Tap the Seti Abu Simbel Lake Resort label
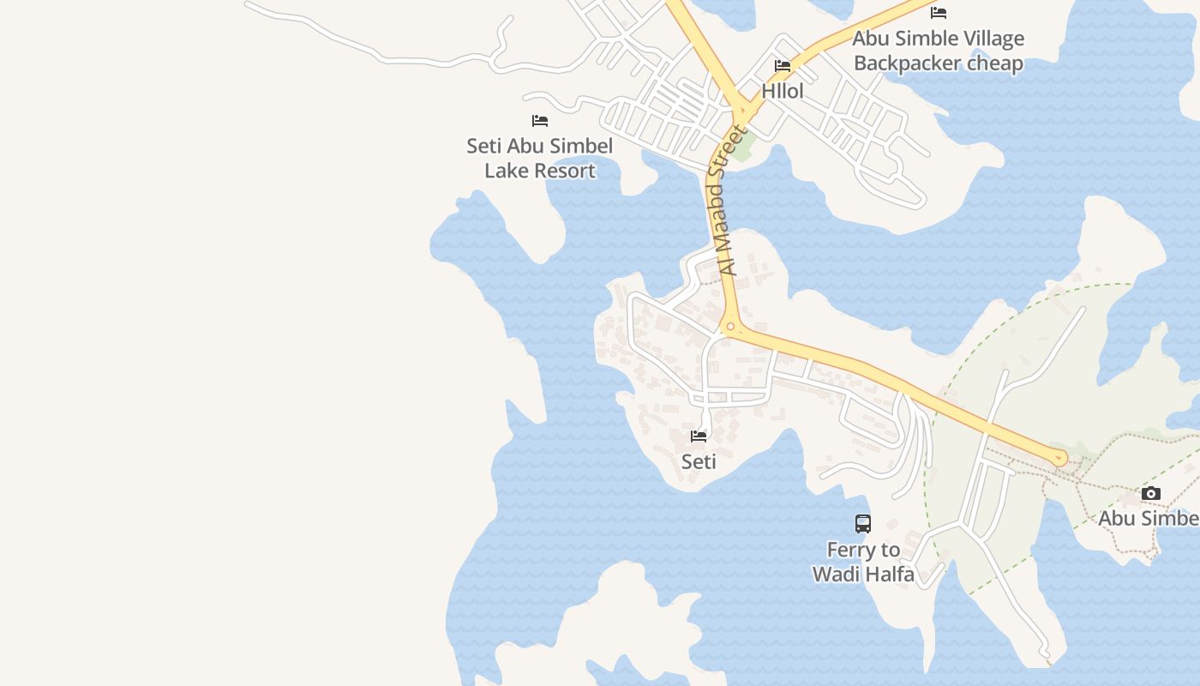(x=540, y=158)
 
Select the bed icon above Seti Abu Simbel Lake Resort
(x=540, y=121)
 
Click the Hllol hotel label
(x=783, y=91)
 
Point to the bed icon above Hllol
(x=783, y=66)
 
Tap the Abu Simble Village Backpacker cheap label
(x=939, y=51)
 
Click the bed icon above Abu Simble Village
(x=939, y=13)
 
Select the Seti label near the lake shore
(x=699, y=461)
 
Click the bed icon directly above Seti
(x=699, y=436)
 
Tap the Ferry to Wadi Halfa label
(x=863, y=562)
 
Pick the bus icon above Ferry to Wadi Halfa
(x=863, y=524)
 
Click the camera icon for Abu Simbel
(x=1151, y=494)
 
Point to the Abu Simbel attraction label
(x=1149, y=518)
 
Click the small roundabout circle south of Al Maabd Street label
(x=730, y=326)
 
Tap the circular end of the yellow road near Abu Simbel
(x=1060, y=458)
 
